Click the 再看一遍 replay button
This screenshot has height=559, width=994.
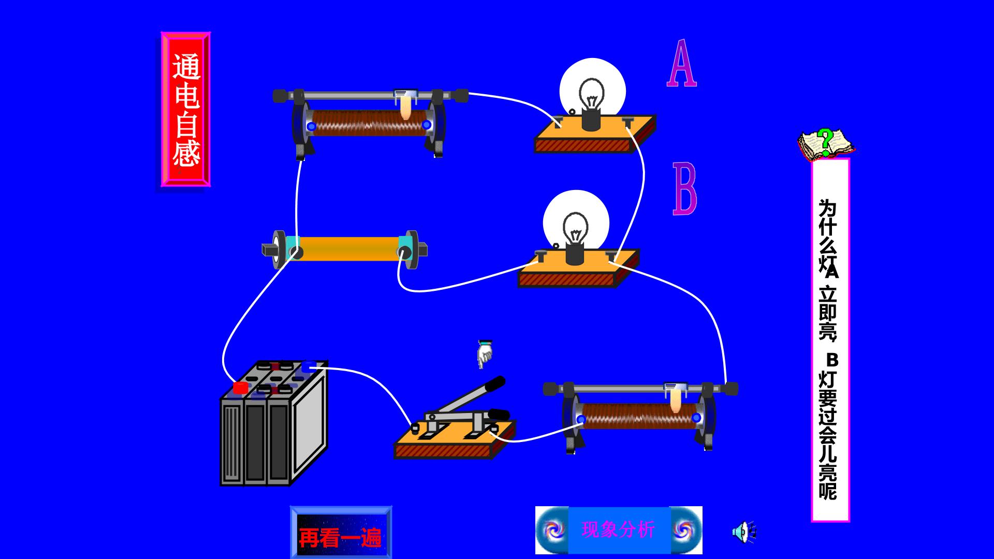pos(341,533)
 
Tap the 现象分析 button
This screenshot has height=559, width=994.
pos(619,530)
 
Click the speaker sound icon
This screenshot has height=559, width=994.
pos(744,532)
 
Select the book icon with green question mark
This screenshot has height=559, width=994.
pos(826,144)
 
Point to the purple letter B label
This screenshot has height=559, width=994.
pos(685,188)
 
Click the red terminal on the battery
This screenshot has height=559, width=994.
pos(240,388)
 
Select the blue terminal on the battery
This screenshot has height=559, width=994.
pos(309,367)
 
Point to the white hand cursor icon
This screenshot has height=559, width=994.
pos(485,354)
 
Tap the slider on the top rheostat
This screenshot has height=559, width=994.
pos(406,104)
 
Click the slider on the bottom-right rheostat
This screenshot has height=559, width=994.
pos(676,398)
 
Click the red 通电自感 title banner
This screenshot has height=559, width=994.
pos(186,109)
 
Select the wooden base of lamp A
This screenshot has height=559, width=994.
pos(595,135)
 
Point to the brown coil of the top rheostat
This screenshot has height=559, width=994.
pos(369,123)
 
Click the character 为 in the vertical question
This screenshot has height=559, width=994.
pos(828,209)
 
